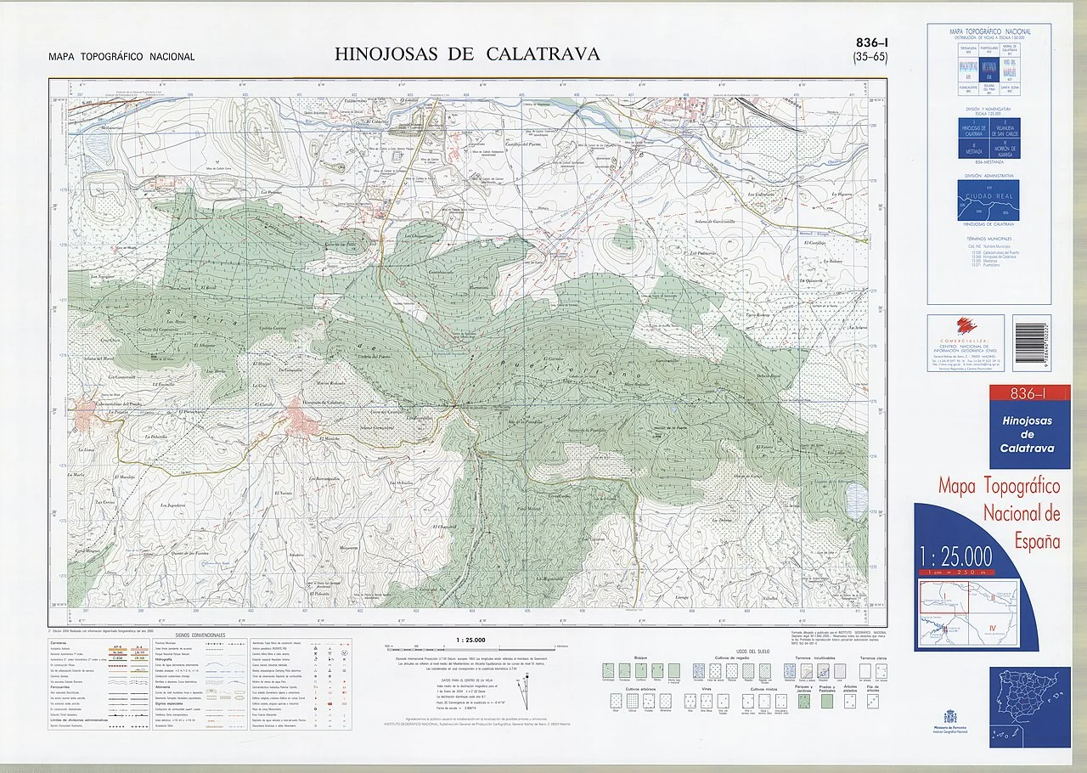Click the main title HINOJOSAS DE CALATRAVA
pyautogui.click(x=467, y=54)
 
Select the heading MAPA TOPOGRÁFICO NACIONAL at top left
pyautogui.click(x=121, y=57)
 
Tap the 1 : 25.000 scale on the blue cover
pyautogui.click(x=955, y=557)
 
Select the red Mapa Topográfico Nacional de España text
pyautogui.click(x=1000, y=513)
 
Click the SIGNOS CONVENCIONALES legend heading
pyautogui.click(x=200, y=635)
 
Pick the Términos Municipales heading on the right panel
pyautogui.click(x=988, y=241)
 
